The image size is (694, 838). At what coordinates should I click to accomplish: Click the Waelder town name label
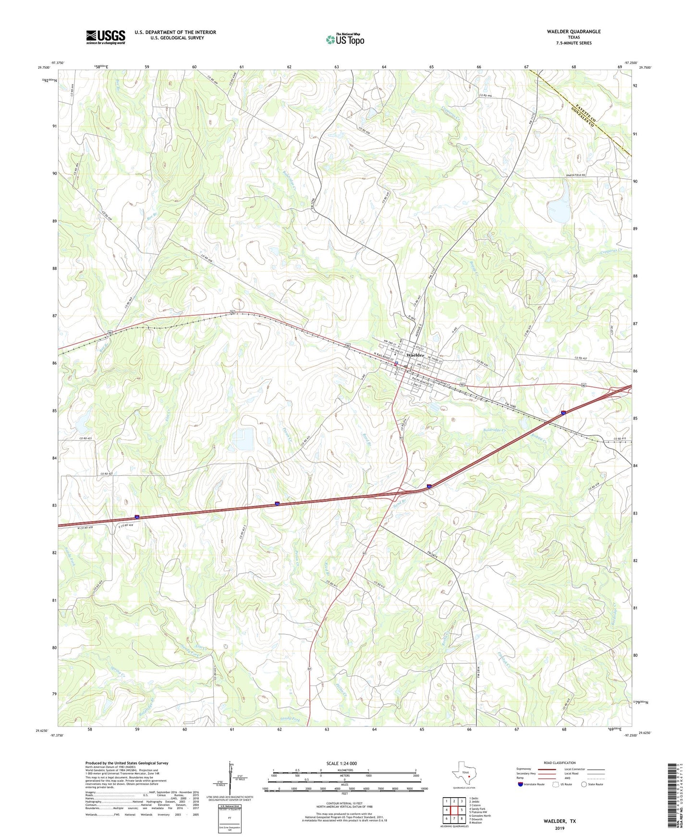(415, 355)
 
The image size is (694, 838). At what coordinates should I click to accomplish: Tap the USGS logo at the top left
(106, 37)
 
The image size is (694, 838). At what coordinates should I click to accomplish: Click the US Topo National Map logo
(345, 39)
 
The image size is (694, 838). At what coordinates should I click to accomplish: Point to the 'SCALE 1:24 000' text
(341, 764)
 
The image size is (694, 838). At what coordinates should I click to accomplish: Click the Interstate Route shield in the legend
(521, 784)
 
